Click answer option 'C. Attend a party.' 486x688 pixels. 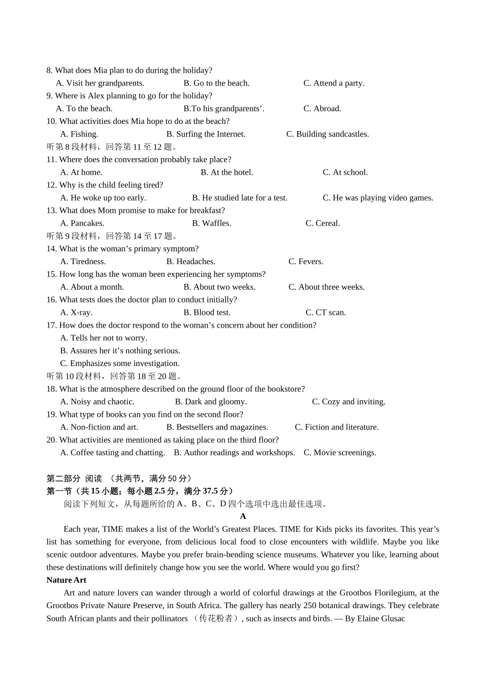click(334, 83)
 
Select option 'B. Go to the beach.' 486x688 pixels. click(216, 83)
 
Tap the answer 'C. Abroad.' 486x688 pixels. click(322, 109)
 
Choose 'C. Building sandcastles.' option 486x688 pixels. click(327, 134)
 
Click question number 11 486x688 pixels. click(51, 160)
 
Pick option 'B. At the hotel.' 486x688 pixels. click(227, 173)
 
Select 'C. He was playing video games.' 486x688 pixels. click(378, 198)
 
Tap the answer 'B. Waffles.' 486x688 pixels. click(211, 223)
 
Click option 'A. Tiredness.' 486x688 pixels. click(83, 262)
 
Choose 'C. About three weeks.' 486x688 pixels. click(326, 287)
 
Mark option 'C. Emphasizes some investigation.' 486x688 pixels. click(120, 363)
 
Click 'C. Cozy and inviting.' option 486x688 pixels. click(348, 402)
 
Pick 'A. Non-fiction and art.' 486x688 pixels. click(99, 427)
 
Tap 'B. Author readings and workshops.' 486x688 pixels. click(234, 453)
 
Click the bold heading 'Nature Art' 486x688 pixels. click(66, 580)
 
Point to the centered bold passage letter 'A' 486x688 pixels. click(243, 517)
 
